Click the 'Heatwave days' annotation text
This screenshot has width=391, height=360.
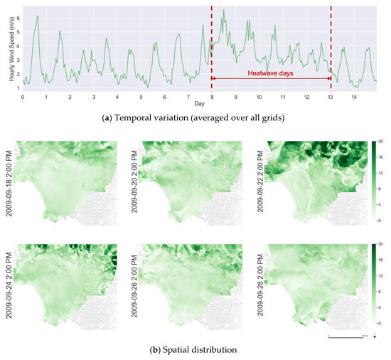(271, 73)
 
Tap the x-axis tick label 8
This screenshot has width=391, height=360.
(212, 97)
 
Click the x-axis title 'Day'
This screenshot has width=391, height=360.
(199, 104)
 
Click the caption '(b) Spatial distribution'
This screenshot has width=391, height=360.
(195, 351)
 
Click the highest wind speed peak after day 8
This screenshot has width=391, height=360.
(224, 11)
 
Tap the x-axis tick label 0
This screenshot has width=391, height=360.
(23, 97)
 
